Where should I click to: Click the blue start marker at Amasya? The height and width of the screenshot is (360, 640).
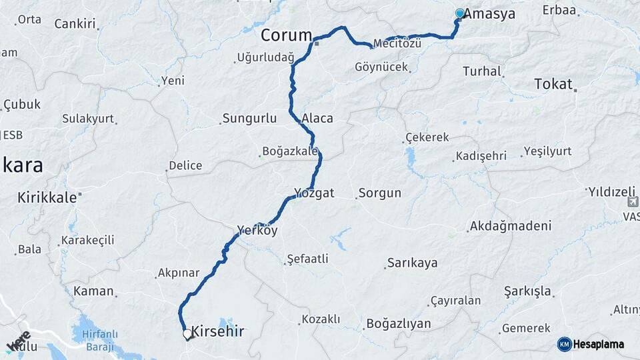(x=459, y=13)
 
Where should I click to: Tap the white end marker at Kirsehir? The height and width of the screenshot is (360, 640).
(x=187, y=333)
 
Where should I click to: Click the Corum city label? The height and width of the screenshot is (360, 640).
(x=287, y=35)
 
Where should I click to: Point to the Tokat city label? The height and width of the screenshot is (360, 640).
(x=553, y=84)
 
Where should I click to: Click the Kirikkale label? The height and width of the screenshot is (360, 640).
(x=48, y=197)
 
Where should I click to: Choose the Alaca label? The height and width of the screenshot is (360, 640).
(x=317, y=119)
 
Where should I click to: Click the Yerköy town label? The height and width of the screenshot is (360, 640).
(x=257, y=231)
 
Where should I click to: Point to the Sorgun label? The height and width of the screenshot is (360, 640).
(x=380, y=193)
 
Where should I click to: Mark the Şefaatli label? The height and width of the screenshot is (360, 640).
(x=307, y=259)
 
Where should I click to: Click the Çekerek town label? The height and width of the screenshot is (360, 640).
(x=429, y=138)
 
